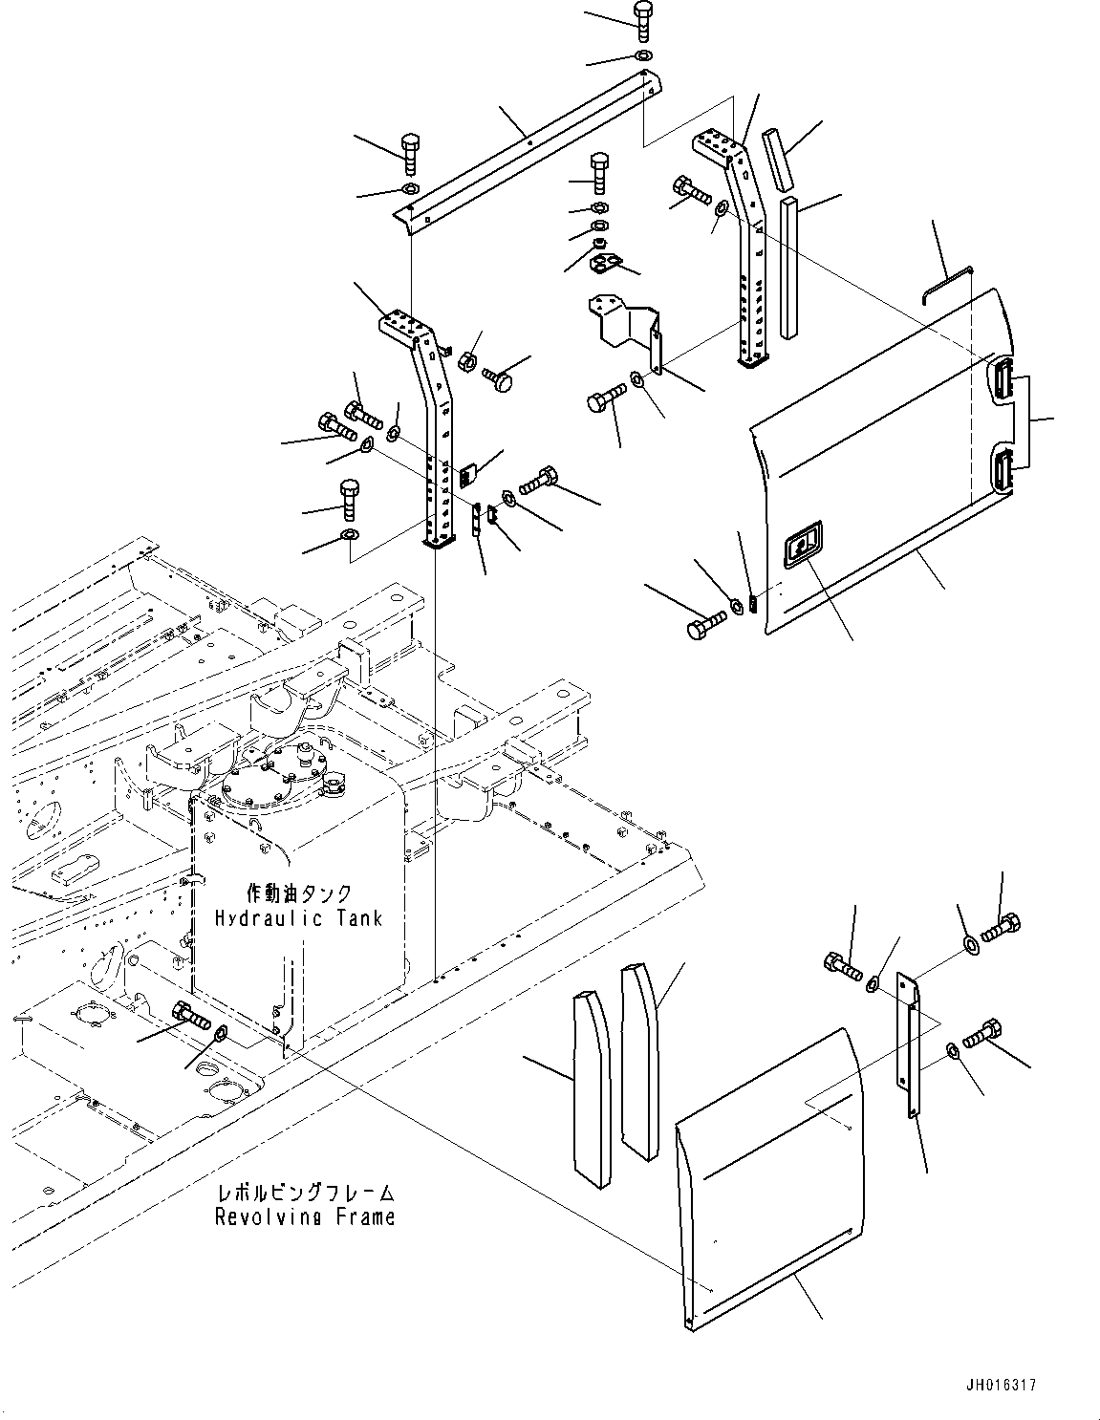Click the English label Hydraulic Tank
coord(298,918)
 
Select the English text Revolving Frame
coord(304,1217)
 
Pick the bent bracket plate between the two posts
coord(627,324)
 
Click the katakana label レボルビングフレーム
coord(304,1193)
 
